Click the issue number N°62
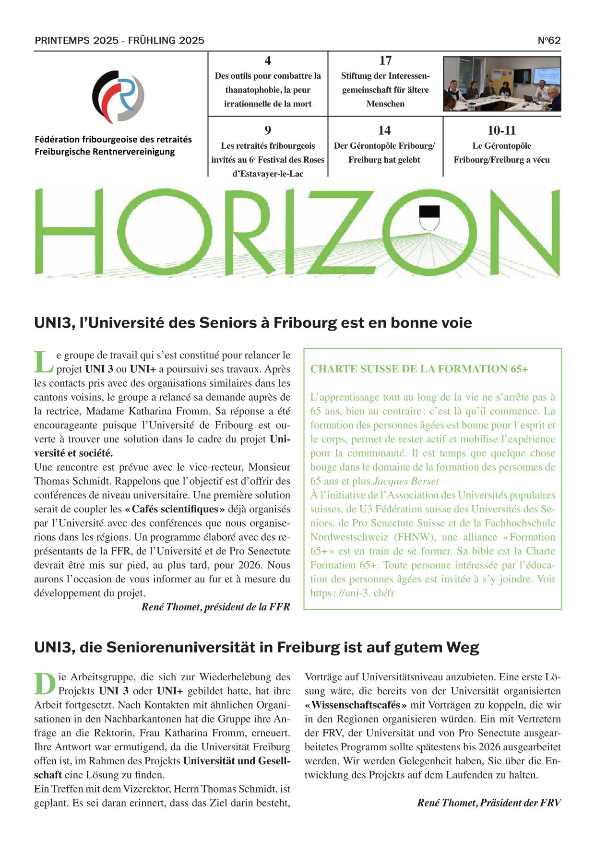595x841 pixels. coord(549,40)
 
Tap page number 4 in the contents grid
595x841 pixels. coord(268,60)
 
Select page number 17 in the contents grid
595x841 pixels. coord(385,60)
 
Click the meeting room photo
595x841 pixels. coord(501,83)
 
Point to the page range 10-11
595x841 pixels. coord(501,130)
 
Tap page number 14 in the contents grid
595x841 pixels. coord(384,130)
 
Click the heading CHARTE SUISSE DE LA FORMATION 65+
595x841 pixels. coord(419,369)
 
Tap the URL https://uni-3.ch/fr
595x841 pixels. coord(352,593)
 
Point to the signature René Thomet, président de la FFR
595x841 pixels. coord(215,607)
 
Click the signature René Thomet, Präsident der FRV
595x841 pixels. coord(488,803)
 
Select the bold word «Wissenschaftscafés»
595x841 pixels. coord(356,705)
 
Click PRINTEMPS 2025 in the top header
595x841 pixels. coord(76,40)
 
